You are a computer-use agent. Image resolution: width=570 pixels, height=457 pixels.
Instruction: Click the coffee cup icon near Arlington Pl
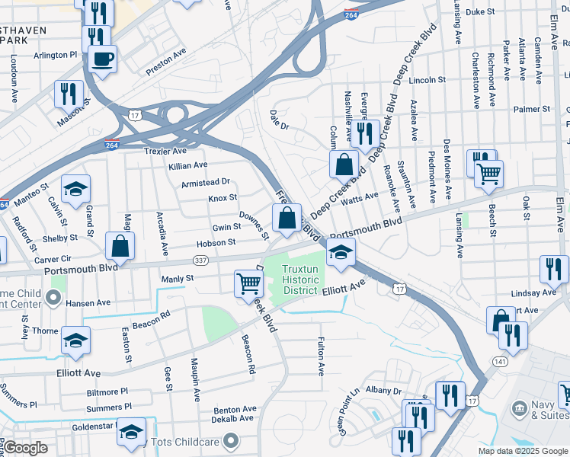pyautogui.click(x=102, y=59)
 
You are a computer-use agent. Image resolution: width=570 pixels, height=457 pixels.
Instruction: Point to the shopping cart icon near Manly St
pyautogui.click(x=249, y=283)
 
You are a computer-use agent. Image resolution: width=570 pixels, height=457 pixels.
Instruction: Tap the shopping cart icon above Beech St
pyautogui.click(x=488, y=173)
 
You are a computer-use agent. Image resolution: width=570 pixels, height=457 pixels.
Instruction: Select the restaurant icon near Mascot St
pyautogui.click(x=69, y=94)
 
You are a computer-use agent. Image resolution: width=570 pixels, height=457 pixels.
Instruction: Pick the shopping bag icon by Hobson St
pyautogui.click(x=120, y=245)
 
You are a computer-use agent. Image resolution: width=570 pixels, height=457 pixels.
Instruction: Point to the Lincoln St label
pyautogui.click(x=427, y=79)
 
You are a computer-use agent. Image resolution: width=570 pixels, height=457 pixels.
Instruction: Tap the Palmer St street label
pyautogui.click(x=531, y=109)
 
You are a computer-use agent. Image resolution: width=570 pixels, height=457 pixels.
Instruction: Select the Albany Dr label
pyautogui.click(x=383, y=390)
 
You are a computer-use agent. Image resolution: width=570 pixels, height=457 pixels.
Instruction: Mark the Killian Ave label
pyautogui.click(x=188, y=165)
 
